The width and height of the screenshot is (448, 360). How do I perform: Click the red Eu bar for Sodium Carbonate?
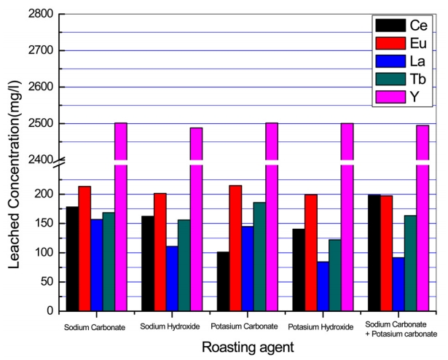[x=85, y=249]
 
